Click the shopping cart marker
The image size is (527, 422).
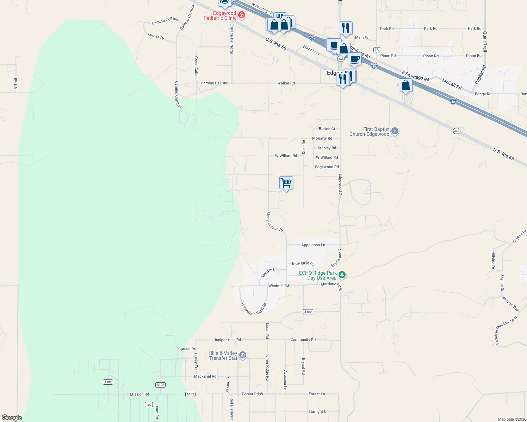286,183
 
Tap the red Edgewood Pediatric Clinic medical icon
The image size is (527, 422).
242,15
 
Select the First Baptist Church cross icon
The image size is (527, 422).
395,131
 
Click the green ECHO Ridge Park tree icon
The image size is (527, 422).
342,275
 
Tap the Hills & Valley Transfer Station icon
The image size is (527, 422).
243,355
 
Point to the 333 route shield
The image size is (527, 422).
457,131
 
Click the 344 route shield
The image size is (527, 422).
341,59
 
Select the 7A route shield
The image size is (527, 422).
377,50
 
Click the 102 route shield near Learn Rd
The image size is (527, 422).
149,405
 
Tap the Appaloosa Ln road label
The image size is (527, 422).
313,245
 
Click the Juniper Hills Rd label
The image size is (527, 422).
227,340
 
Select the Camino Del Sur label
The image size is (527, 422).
214,83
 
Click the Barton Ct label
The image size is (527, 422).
327,129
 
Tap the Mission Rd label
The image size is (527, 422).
139,394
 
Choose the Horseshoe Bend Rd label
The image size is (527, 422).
254,309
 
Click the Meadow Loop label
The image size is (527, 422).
507,322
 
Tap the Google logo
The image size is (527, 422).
12,417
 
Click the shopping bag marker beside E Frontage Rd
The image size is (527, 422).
405,85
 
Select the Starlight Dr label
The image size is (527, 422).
318,411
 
